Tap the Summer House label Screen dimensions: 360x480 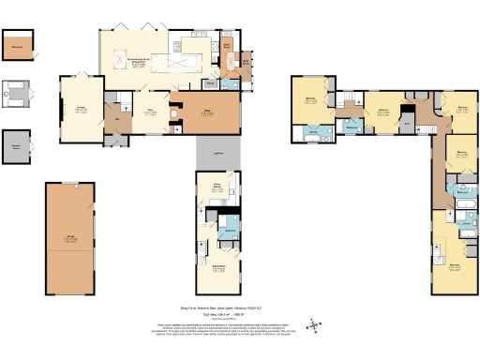16,147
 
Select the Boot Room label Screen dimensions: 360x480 246,63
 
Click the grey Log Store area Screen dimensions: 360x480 216,154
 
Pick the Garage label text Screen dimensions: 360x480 69,239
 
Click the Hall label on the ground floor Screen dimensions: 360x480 118,119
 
